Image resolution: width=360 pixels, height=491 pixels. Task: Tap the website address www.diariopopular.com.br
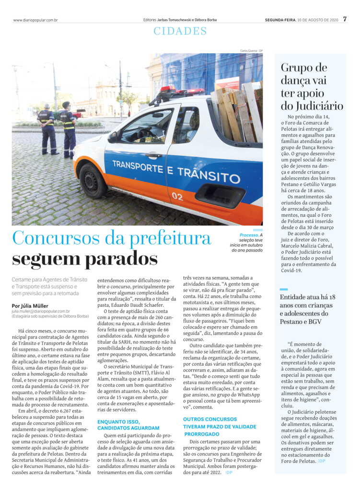click(35, 20)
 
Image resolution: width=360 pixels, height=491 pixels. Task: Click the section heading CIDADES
click(180, 32)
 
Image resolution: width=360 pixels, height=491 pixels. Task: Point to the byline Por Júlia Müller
click(32, 305)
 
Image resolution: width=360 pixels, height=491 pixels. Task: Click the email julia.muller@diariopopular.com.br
click(41, 311)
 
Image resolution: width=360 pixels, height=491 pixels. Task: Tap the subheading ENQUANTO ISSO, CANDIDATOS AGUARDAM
click(128, 424)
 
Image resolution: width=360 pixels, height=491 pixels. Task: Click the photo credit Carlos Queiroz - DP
click(251, 51)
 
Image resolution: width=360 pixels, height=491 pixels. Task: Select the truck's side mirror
click(113, 137)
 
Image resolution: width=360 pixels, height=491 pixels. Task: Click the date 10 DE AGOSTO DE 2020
click(318, 20)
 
